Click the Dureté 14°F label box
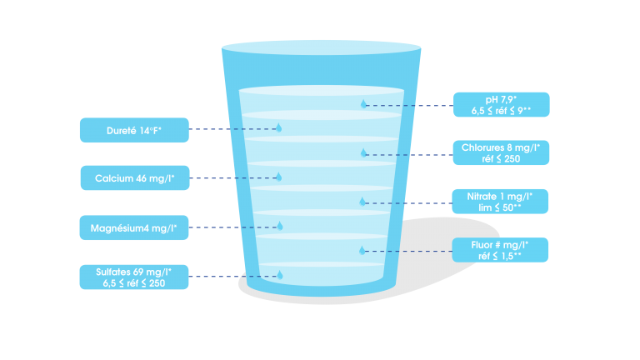click(x=134, y=129)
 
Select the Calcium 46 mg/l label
click(x=134, y=177)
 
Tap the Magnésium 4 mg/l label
click(x=134, y=227)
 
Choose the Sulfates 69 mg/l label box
click(x=134, y=277)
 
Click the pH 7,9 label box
click(x=501, y=104)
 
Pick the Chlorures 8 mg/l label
click(x=501, y=153)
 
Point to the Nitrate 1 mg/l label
click(x=501, y=202)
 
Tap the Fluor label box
click(x=501, y=250)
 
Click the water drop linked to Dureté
click(x=279, y=128)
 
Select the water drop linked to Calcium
click(x=279, y=177)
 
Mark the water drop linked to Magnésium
click(x=280, y=226)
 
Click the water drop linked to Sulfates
click(x=280, y=274)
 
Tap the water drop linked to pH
click(x=363, y=104)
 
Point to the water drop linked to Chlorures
click(x=363, y=152)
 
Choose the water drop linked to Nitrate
click(x=362, y=202)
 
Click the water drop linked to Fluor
click(x=362, y=250)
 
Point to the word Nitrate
click(x=485, y=196)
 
